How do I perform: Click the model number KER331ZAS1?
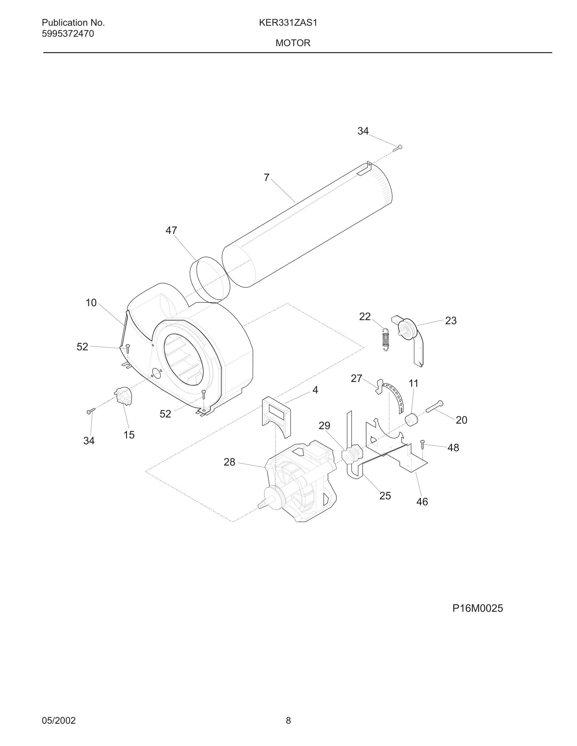(288, 23)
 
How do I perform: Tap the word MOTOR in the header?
(293, 43)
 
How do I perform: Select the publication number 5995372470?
(68, 34)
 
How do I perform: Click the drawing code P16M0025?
(477, 608)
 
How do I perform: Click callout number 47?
(171, 230)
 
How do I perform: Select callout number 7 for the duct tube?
(267, 178)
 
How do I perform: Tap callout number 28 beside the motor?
(229, 462)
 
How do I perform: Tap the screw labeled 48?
(423, 444)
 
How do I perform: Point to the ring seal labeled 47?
(210, 279)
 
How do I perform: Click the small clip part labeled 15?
(124, 396)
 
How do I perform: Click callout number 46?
(422, 502)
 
